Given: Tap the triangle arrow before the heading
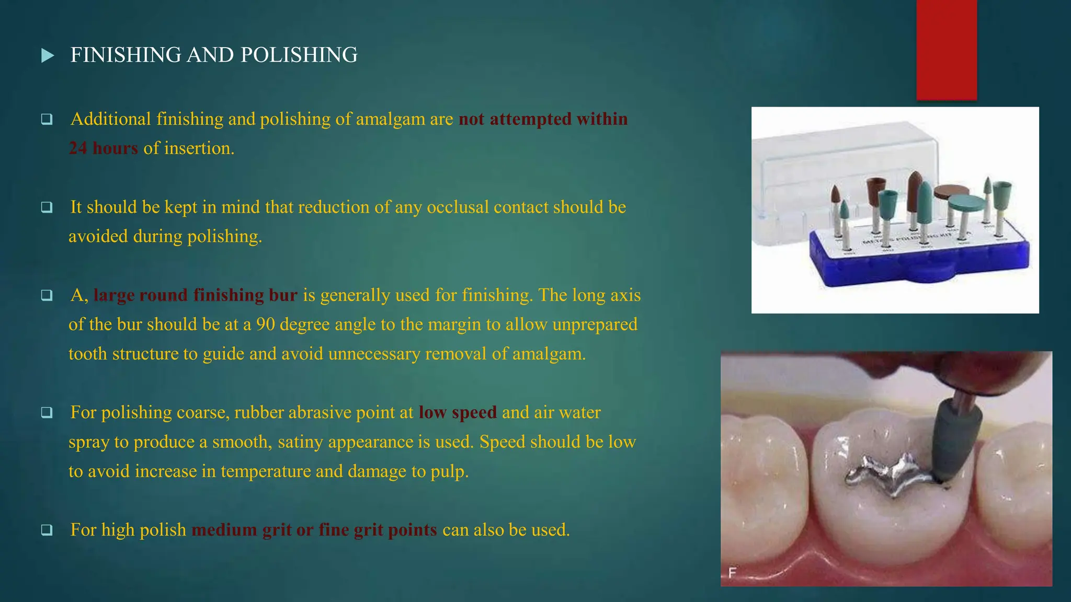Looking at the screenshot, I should tap(48, 55).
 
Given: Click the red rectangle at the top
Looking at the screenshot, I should tap(947, 50).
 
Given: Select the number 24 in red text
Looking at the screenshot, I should tap(78, 148).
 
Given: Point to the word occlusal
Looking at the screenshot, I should tap(458, 207).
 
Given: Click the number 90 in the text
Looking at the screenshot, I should tap(265, 325).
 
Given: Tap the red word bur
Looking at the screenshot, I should tap(283, 295).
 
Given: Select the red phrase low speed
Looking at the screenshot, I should tap(458, 413).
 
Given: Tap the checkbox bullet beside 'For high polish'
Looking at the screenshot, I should tap(47, 530).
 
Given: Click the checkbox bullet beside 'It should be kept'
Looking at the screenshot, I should tap(47, 207).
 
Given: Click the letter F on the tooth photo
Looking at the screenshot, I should tap(732, 573).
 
